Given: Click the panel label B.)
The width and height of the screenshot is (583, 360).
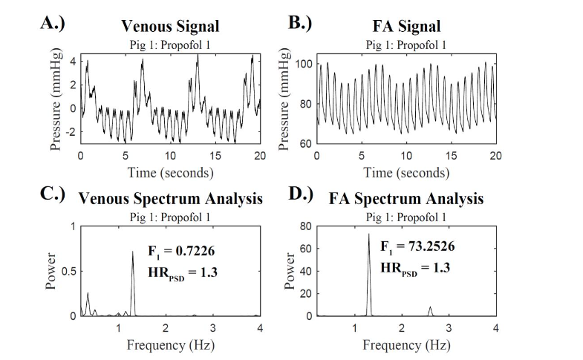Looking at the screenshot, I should [300, 22].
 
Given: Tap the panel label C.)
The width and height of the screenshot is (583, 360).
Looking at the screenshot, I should [56, 197].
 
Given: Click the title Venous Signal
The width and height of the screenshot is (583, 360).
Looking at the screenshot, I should [170, 26].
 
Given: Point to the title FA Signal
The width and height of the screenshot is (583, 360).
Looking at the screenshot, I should [406, 26].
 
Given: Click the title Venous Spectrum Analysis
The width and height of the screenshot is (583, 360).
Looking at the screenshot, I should [170, 198].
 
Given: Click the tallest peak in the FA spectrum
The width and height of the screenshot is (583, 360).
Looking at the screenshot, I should [368, 235].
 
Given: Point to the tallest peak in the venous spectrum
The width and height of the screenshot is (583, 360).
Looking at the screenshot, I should [133, 252].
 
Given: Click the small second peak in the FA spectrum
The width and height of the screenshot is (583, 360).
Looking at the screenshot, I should [429, 307].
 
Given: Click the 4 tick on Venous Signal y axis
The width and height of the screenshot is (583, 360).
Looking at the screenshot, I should [72, 61].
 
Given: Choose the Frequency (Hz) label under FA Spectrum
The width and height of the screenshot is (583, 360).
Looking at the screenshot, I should [406, 345].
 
